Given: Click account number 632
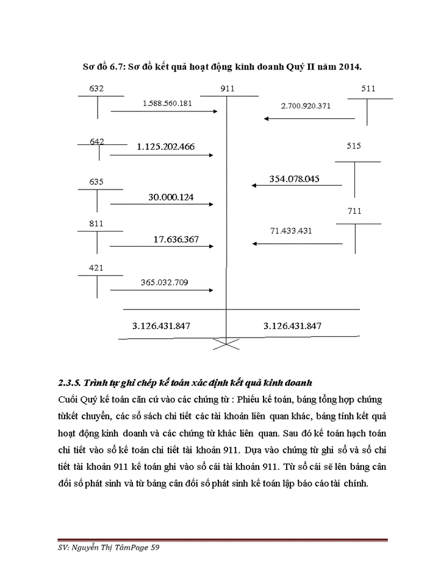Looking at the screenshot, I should click(96, 88).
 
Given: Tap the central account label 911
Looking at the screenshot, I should click(227, 89).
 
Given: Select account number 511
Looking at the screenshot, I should click(368, 88).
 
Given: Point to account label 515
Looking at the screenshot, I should click(354, 146).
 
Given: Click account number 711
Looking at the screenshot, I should click(354, 211).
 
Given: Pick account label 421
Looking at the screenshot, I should click(96, 268).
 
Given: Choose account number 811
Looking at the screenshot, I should click(96, 224).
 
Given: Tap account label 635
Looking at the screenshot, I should click(96, 182).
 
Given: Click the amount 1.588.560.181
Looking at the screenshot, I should click(167, 103).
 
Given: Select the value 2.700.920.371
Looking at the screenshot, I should click(306, 106).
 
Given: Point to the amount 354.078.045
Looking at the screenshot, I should click(295, 179).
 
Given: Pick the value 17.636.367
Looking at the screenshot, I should click(176, 239).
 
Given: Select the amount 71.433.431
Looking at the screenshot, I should click(291, 231).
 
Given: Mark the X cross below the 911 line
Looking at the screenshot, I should click(227, 344).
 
